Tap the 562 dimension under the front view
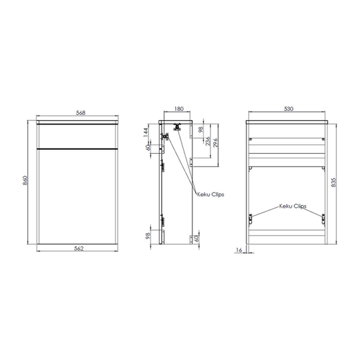pos(79,249)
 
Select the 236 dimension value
pos(208,142)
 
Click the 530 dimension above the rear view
pos(288,109)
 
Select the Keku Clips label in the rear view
pos(293,206)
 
